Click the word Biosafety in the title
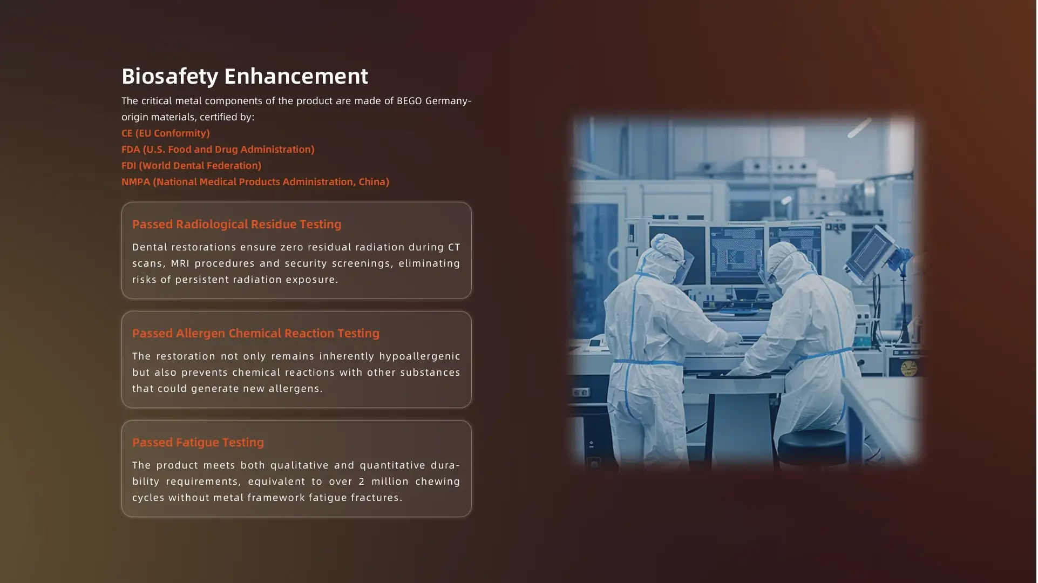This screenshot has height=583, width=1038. coord(169,77)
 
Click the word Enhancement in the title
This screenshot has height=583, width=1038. coord(296,76)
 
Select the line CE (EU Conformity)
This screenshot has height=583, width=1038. coord(166,133)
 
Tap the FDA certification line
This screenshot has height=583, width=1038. coord(218,150)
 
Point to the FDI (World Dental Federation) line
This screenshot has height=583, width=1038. coord(191,166)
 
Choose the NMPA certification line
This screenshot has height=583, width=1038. coord(255,182)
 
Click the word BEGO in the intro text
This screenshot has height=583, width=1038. coord(409,101)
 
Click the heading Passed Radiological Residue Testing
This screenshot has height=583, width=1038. coord(237,224)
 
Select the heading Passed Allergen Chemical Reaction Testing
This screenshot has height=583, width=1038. coord(256,333)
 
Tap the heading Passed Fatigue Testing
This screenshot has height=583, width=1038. coord(198,442)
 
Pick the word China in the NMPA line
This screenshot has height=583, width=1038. coord(374,182)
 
